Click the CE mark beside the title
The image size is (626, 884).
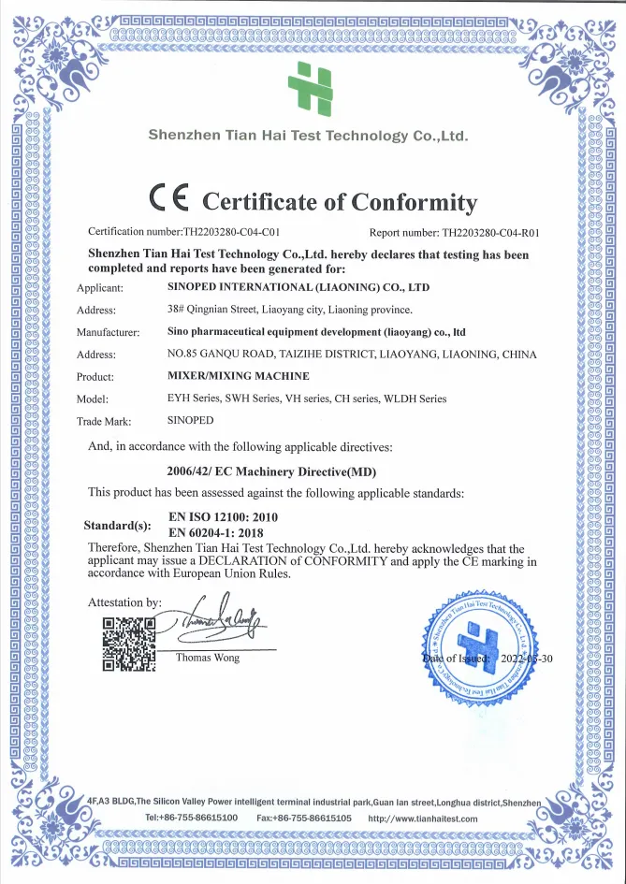click(x=169, y=199)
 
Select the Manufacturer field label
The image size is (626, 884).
click(x=109, y=332)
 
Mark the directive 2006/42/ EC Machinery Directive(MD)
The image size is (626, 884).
click(x=271, y=471)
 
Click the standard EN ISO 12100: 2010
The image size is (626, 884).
click(x=223, y=516)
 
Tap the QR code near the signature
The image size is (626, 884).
click(x=128, y=645)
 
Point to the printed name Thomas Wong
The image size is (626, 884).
click(x=208, y=658)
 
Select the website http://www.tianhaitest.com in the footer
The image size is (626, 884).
click(x=423, y=819)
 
